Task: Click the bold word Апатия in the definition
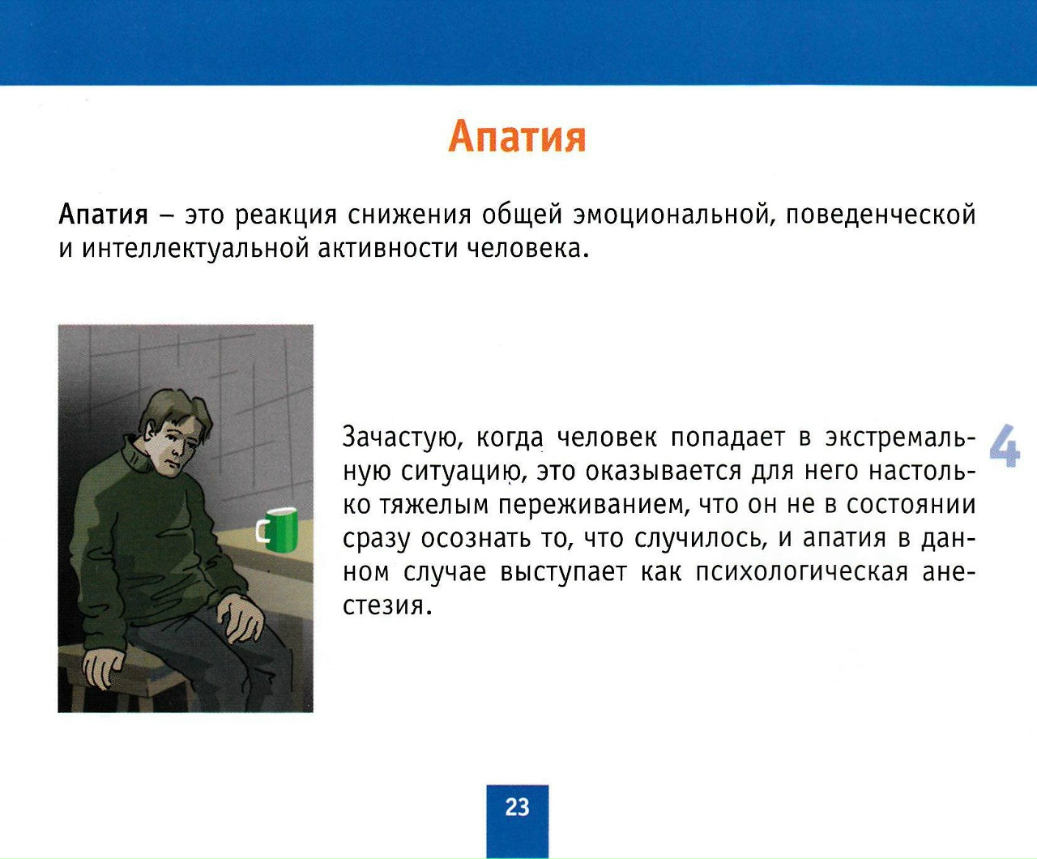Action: coord(104,215)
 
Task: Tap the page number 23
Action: coord(517,807)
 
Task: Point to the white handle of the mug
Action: coord(260,531)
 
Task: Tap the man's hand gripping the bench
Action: coord(102,666)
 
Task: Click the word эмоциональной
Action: coord(674,216)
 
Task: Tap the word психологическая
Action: coord(801,572)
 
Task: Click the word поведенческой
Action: coord(881,216)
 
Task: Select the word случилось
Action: coord(698,539)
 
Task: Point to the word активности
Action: coord(388,249)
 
